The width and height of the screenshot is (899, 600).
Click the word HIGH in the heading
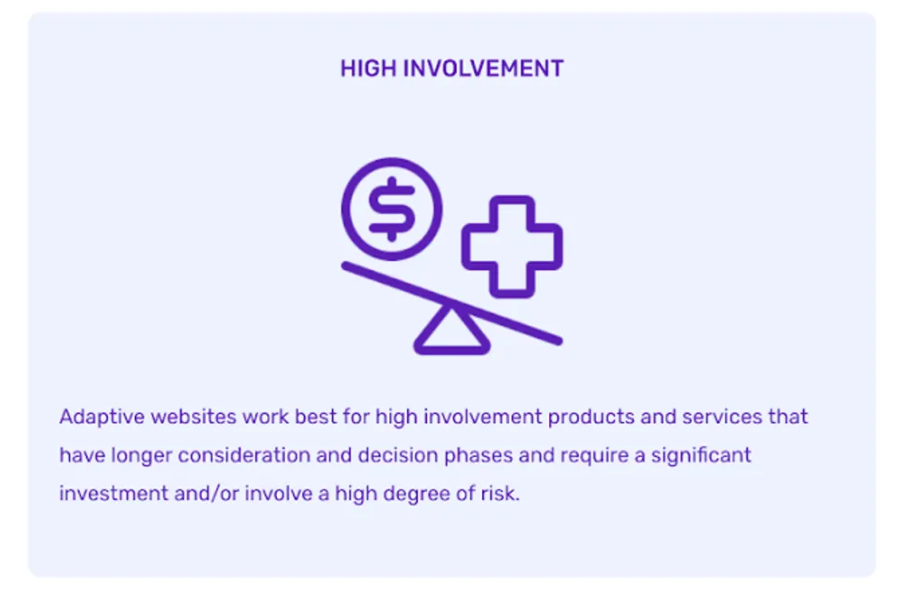(x=368, y=69)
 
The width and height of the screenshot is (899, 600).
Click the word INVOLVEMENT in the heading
(x=484, y=69)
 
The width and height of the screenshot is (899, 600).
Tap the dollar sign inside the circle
(x=392, y=209)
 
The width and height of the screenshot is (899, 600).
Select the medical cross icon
(x=512, y=246)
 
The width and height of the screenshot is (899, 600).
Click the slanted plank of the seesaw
(x=452, y=303)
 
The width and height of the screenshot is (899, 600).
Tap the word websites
(x=193, y=416)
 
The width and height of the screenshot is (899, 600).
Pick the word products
(x=592, y=417)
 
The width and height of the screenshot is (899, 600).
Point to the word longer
(x=142, y=456)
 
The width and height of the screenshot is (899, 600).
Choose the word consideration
(x=244, y=455)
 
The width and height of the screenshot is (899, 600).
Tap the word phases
(x=478, y=456)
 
